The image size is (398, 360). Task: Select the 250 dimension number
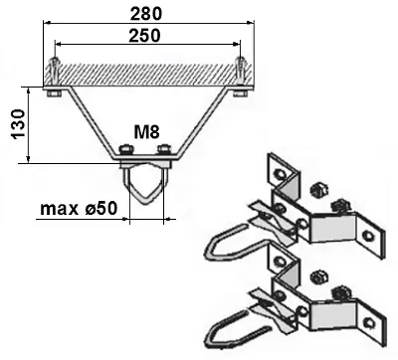pyautogui.click(x=147, y=35)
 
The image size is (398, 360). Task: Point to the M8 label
pyautogui.click(x=147, y=132)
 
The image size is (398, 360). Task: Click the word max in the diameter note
pyautogui.click(x=59, y=210)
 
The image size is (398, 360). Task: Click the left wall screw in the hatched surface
pyautogui.click(x=56, y=75)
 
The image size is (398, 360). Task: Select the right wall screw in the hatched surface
pyautogui.click(x=239, y=75)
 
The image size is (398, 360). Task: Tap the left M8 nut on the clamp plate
pyautogui.click(x=123, y=152)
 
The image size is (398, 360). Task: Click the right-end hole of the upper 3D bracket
pyautogui.click(x=368, y=235)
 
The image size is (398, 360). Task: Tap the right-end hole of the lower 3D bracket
pyautogui.click(x=370, y=319)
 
